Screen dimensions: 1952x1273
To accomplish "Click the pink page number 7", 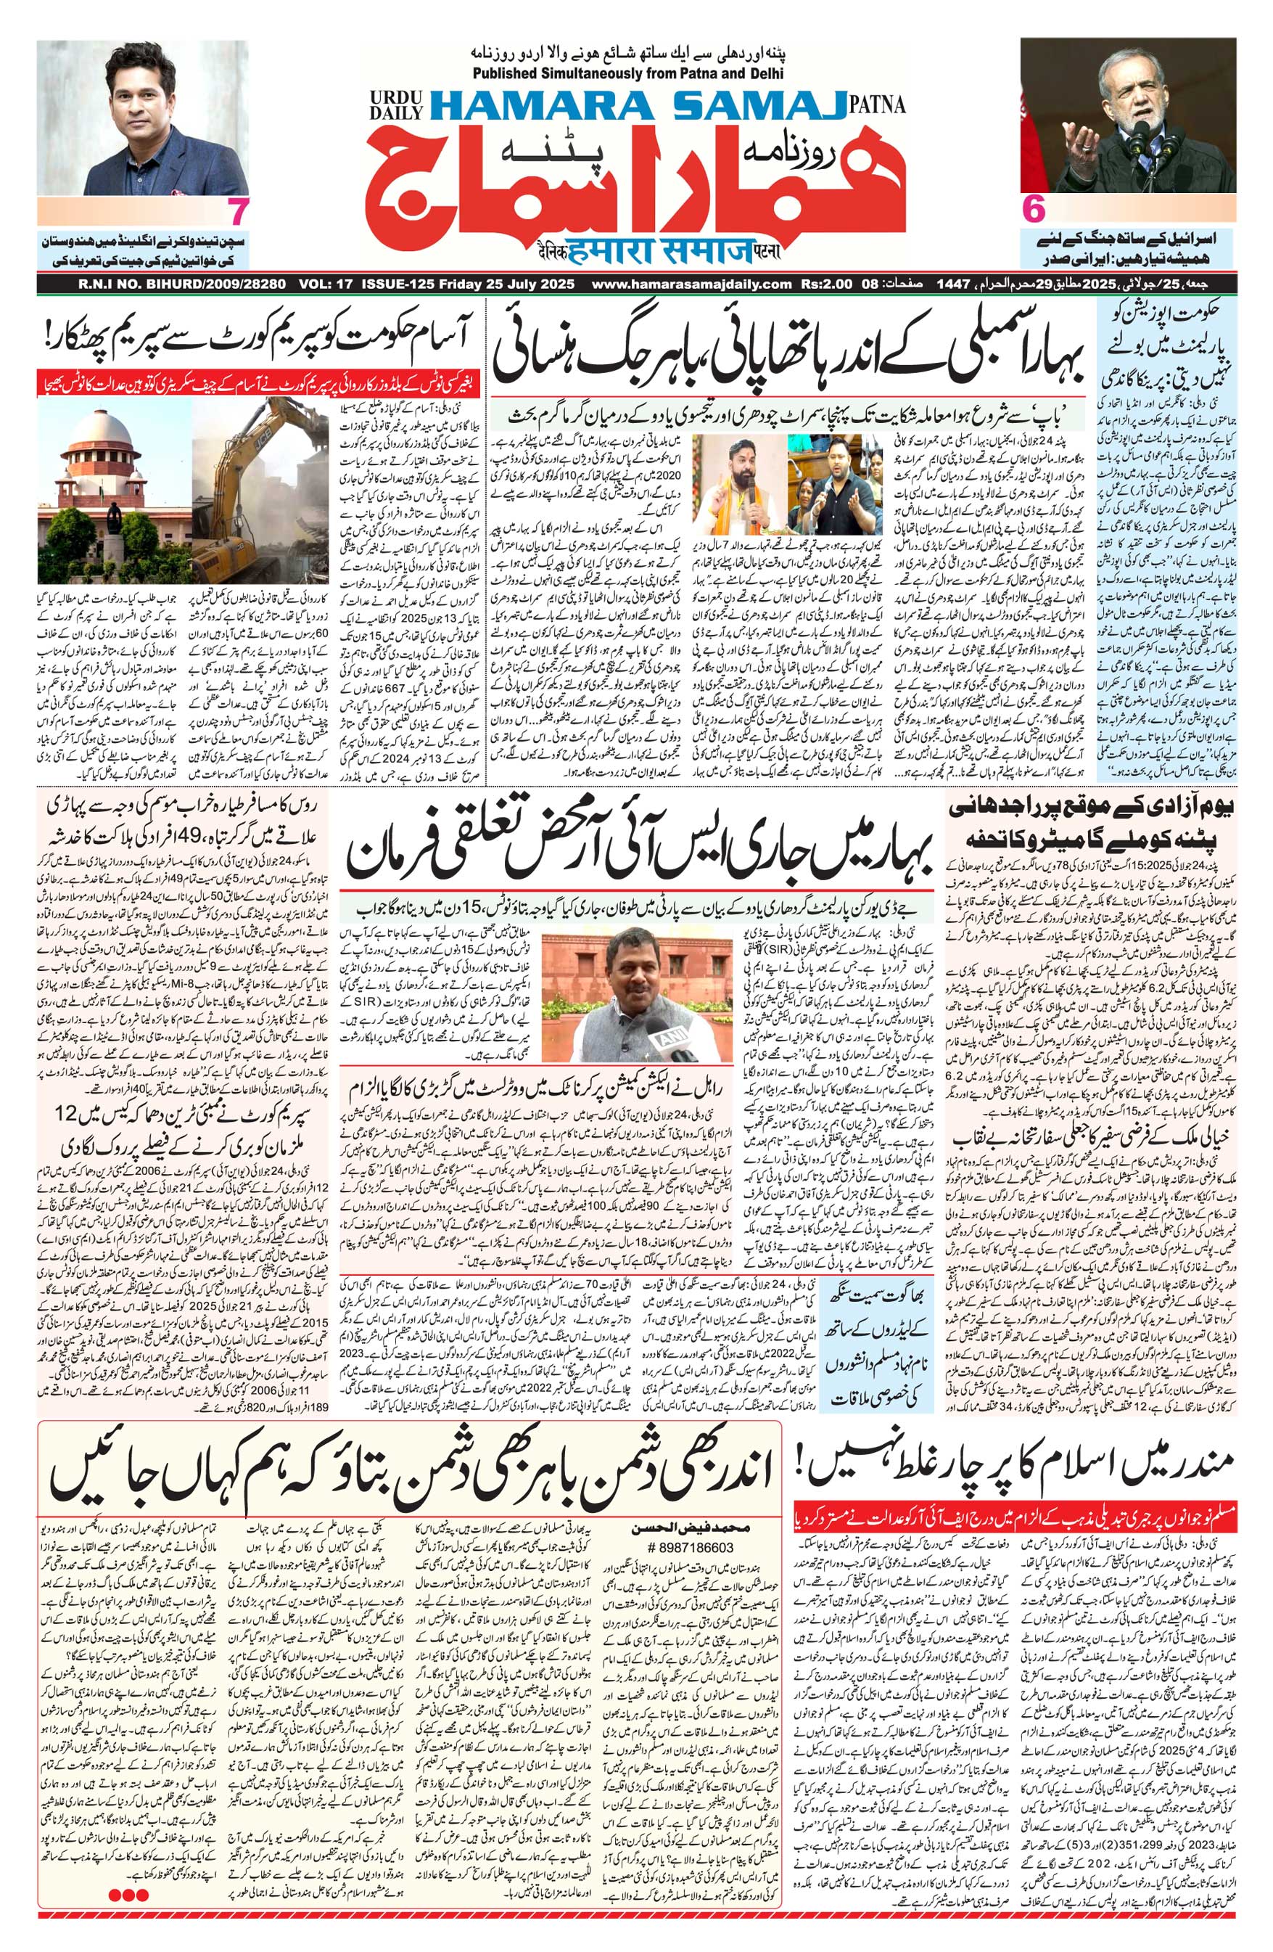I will coord(239,213).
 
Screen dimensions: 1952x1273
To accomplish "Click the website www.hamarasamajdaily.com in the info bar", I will coord(691,284).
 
